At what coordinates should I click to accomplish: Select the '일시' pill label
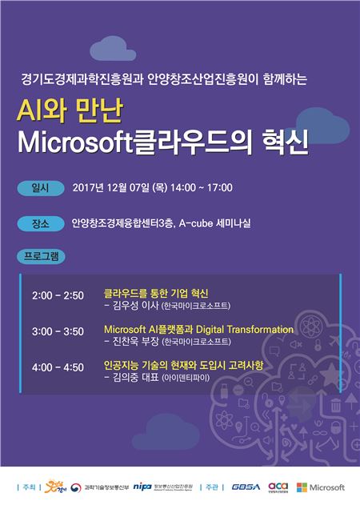39,188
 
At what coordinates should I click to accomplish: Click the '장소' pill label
39,222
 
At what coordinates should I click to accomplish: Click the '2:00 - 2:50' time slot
58,295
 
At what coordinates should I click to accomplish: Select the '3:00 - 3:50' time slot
58,331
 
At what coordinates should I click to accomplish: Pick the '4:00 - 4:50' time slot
58,367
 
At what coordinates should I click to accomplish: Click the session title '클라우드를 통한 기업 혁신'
156,293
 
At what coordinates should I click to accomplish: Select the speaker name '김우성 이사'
134,306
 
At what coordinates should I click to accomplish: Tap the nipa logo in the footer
142,486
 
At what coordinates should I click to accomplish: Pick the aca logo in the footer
278,486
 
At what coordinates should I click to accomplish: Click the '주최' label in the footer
30,487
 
